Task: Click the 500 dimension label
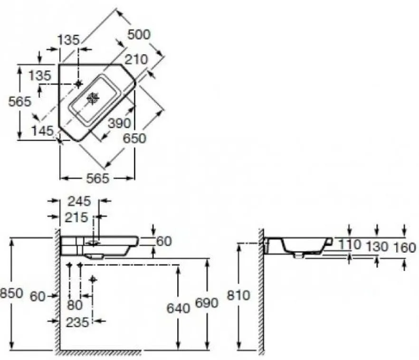(x=139, y=35)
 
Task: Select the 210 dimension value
(x=136, y=59)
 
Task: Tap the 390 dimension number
(x=119, y=123)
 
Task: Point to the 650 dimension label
(x=135, y=138)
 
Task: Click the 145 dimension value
(x=42, y=131)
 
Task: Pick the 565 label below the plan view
(x=98, y=179)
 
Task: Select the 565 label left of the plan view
(x=20, y=102)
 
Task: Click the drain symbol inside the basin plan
(x=93, y=98)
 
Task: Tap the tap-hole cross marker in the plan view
(x=78, y=84)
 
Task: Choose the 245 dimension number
(x=79, y=201)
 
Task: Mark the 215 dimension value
(x=76, y=218)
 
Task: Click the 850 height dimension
(x=11, y=293)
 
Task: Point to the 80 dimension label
(x=75, y=305)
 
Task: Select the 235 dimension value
(x=77, y=322)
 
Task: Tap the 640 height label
(x=178, y=308)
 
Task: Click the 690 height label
(x=207, y=303)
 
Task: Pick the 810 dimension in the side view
(x=238, y=295)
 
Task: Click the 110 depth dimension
(x=350, y=244)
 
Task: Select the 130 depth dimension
(x=377, y=246)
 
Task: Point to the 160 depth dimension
(x=405, y=248)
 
